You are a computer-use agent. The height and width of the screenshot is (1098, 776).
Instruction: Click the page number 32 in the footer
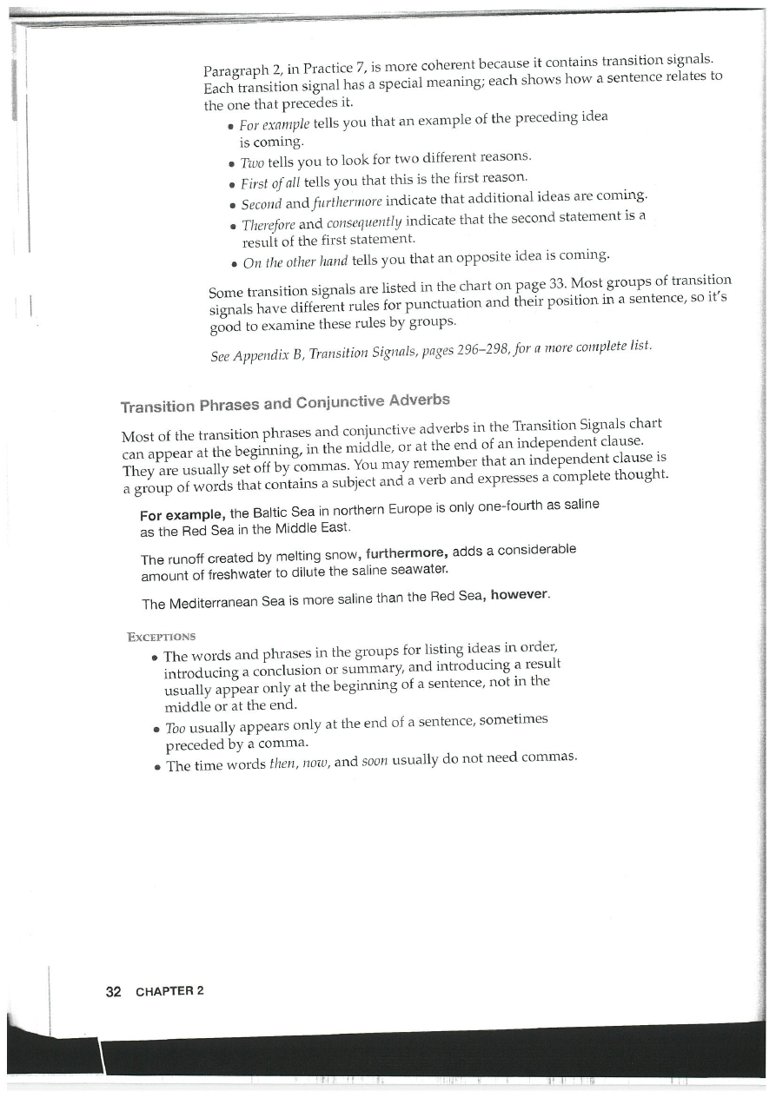point(112,991)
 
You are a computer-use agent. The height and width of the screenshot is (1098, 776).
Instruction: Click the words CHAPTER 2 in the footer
point(169,991)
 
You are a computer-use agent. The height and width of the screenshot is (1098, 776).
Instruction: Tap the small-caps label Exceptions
point(161,636)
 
